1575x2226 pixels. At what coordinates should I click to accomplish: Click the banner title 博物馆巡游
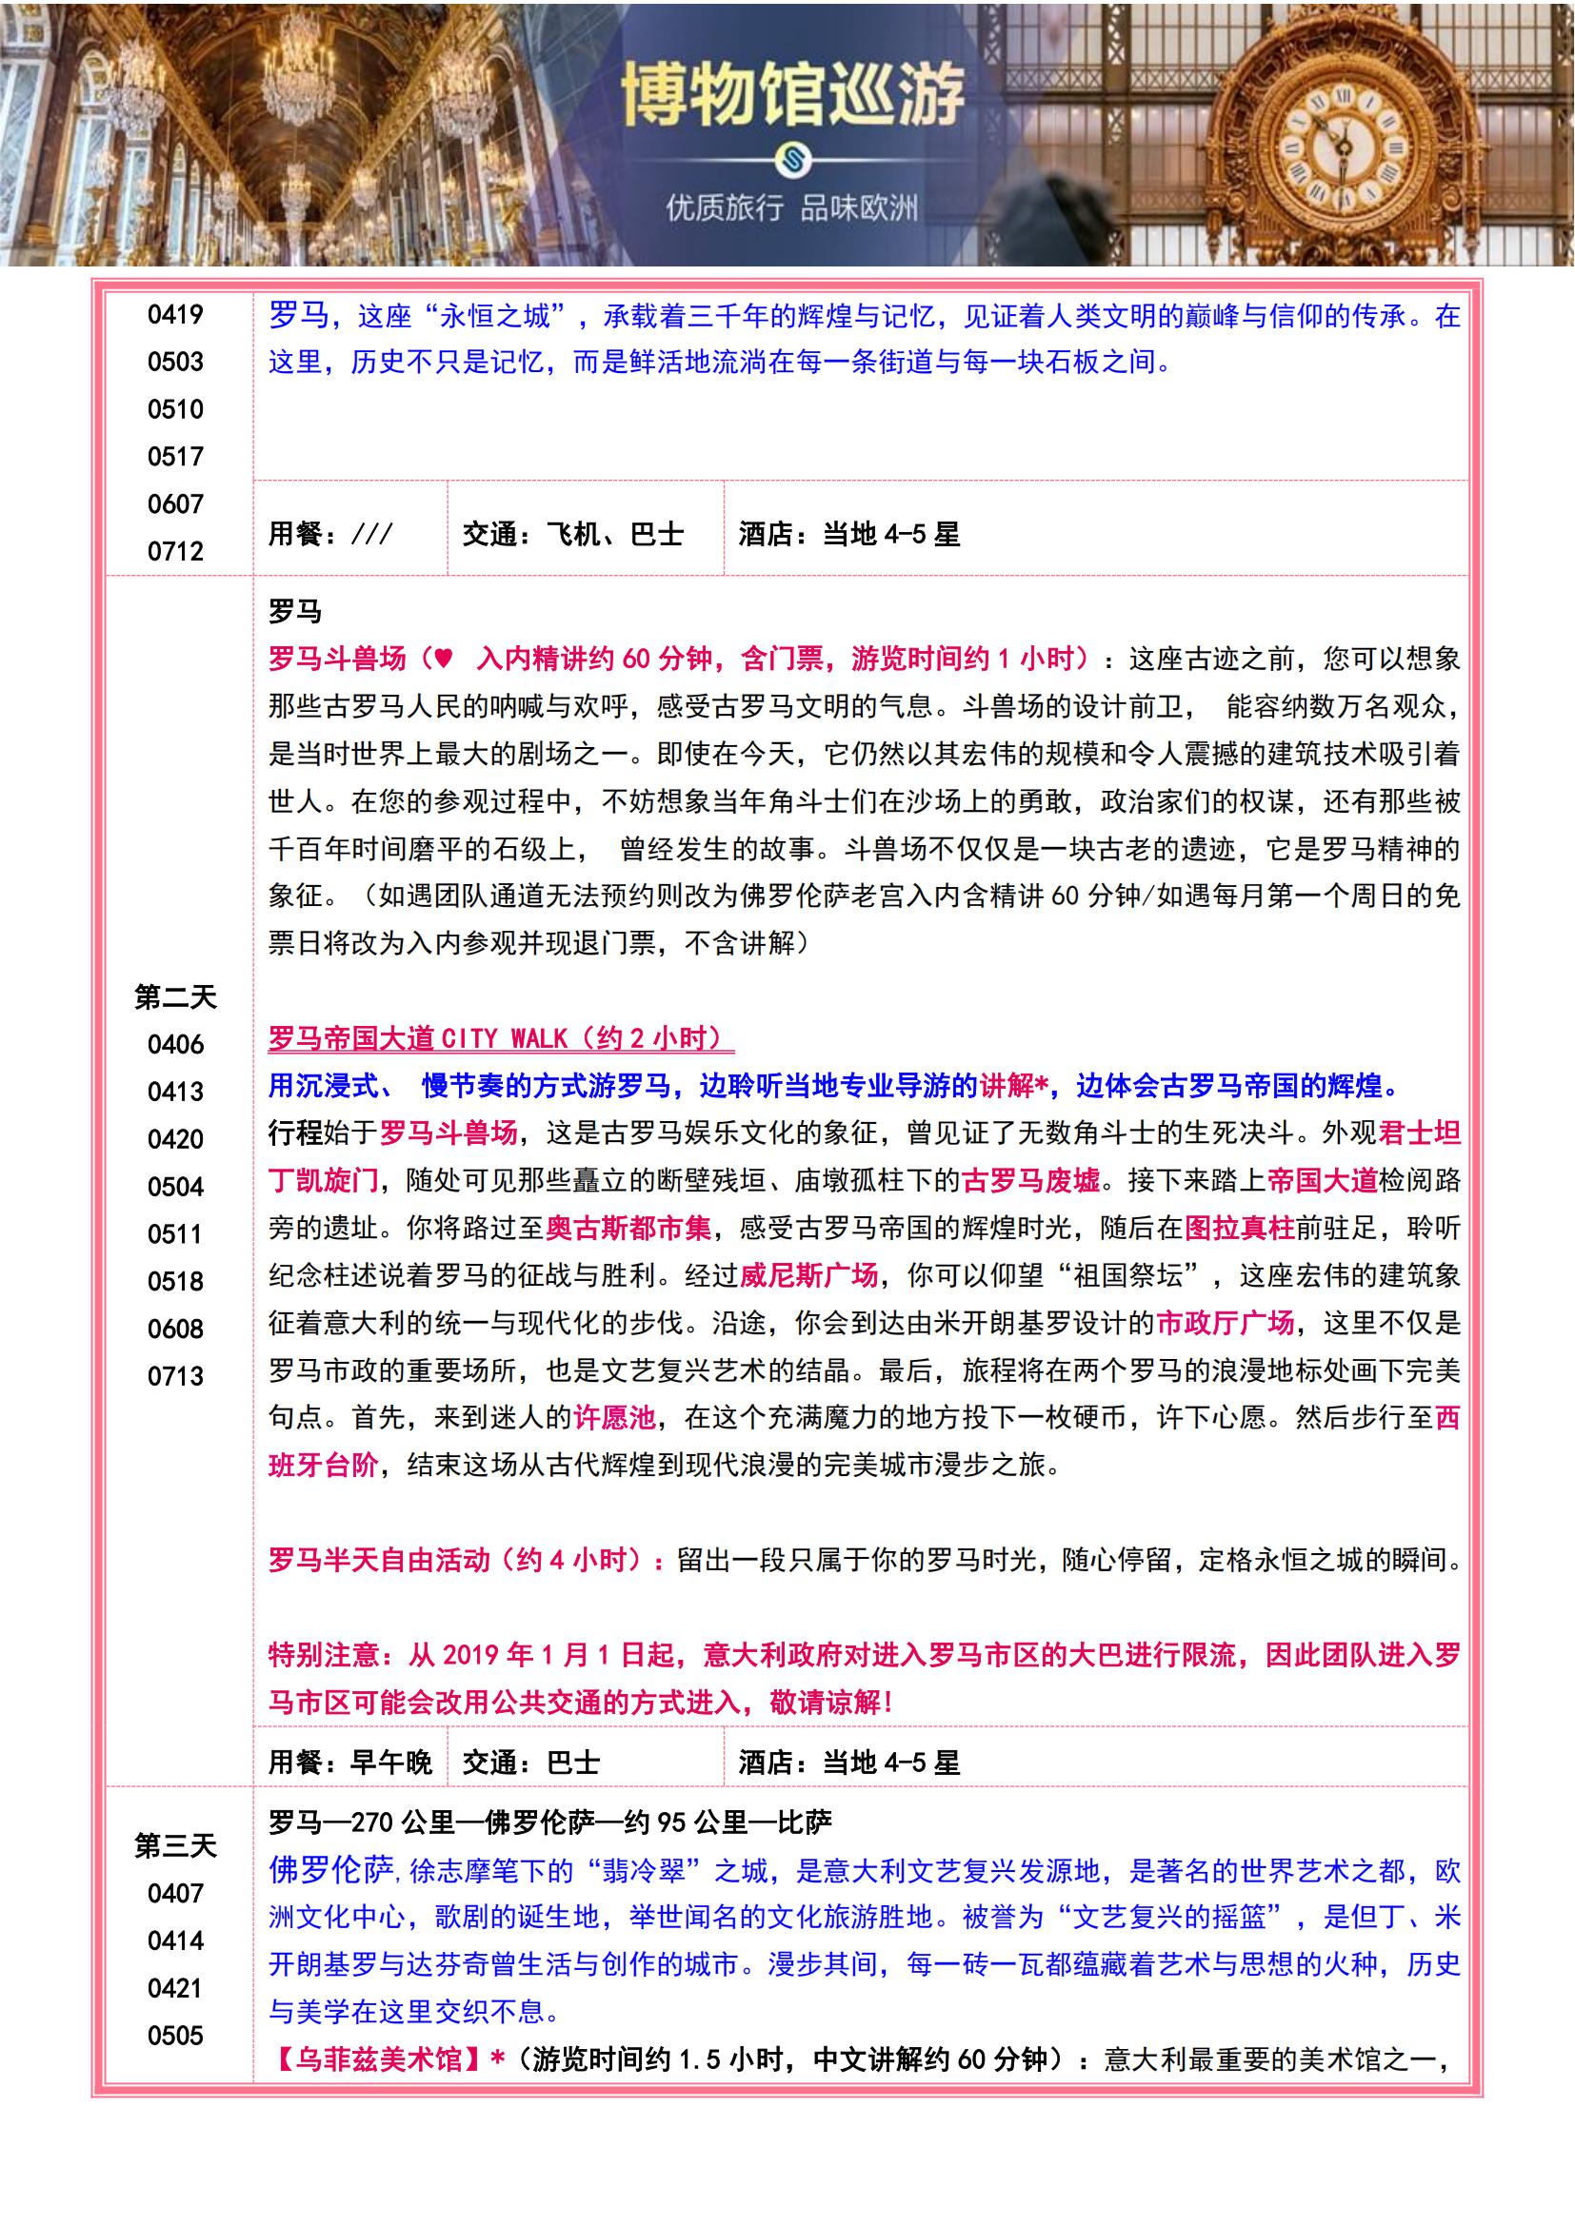coord(792,96)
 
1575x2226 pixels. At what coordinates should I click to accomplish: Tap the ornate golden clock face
coord(1344,148)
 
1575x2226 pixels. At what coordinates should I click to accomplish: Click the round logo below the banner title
coord(792,159)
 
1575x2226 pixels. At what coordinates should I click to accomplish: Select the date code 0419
coord(175,314)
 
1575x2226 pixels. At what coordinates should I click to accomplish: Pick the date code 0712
coord(175,551)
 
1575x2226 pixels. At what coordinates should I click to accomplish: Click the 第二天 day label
coord(175,996)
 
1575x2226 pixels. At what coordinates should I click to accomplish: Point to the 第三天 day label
coord(175,1845)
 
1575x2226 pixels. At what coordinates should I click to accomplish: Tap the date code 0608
coord(175,1329)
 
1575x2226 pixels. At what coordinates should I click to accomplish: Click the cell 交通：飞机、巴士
coord(573,534)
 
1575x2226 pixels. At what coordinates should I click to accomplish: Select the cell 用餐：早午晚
coord(350,1763)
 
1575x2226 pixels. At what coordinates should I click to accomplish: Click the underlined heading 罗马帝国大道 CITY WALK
coord(501,1038)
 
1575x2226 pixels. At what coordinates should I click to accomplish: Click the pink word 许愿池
coord(615,1418)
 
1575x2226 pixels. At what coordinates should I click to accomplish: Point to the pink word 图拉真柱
coord(1239,1229)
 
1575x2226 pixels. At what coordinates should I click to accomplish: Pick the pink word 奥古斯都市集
coord(628,1229)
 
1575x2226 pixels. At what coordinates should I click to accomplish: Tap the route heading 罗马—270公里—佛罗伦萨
coord(549,1822)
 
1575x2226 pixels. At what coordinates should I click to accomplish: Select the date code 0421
coord(175,1987)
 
